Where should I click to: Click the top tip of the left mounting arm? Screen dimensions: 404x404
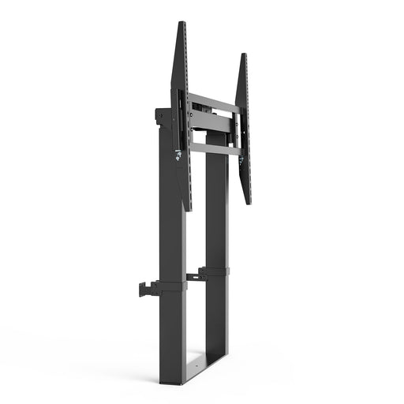[x=182, y=24]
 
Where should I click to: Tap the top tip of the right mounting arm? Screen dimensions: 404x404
[x=243, y=56]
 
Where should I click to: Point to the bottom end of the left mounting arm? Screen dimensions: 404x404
[x=188, y=208]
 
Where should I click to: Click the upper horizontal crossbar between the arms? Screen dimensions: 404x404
[x=211, y=102]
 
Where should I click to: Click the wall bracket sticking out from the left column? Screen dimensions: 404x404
[x=147, y=289]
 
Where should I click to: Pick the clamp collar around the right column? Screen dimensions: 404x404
[x=215, y=272]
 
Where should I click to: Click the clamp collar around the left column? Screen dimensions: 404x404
[x=172, y=286]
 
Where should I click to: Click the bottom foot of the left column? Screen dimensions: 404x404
[x=172, y=379]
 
